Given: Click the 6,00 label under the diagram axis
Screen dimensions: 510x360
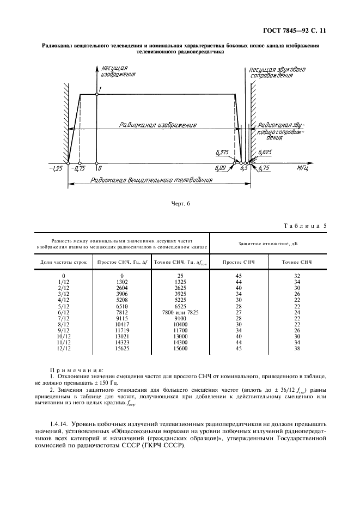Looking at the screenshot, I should tap(221, 169).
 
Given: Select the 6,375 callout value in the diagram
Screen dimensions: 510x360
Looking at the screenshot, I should tap(222, 153).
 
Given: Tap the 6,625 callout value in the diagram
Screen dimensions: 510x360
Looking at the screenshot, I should tap(266, 153).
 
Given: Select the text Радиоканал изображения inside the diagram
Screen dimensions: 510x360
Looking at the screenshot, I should tap(157, 125).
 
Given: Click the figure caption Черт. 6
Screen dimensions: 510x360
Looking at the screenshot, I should tap(180, 203).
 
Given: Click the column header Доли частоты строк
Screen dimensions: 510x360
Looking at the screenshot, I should tap(64, 262).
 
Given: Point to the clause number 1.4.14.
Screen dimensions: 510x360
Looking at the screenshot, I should tap(61, 424).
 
